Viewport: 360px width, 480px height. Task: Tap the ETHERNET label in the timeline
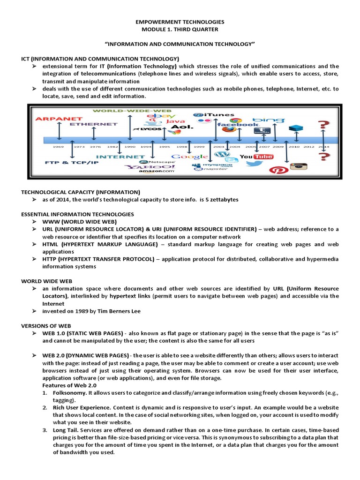94,124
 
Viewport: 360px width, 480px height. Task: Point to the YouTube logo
256,156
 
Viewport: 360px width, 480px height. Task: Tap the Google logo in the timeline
189,157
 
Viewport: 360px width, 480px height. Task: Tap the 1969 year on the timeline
58,146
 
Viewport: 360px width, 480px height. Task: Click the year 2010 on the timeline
294,146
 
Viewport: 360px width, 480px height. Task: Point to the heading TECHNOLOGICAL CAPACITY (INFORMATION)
81,192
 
